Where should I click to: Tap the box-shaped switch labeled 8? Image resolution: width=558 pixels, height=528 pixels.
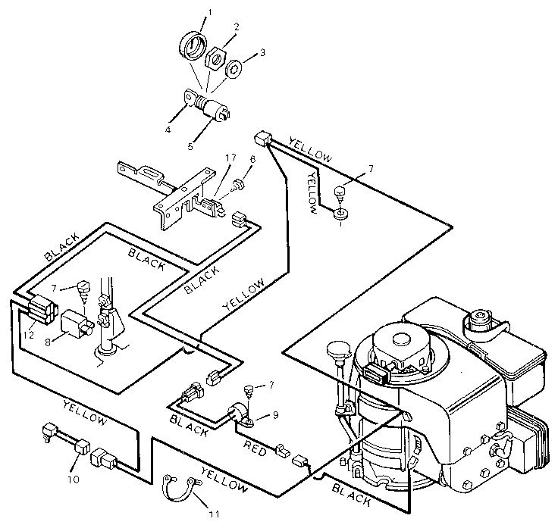[x=77, y=323]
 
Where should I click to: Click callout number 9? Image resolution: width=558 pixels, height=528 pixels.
[x=275, y=415]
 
